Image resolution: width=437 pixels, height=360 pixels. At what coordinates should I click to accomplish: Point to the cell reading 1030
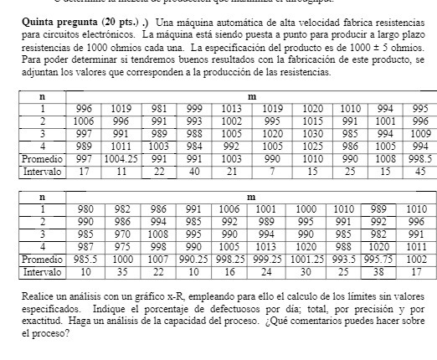coord(313,132)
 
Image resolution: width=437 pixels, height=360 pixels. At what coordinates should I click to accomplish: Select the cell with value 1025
coord(313,145)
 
